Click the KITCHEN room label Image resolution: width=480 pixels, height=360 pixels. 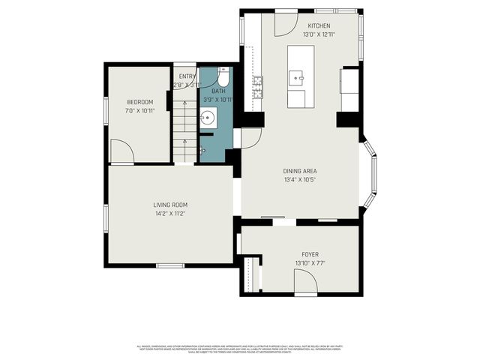click(x=318, y=25)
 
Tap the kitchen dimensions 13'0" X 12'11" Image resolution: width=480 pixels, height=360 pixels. click(x=318, y=34)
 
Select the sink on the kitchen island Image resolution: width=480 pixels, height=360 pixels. click(x=298, y=76)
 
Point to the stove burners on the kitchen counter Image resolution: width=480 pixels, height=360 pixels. click(x=258, y=87)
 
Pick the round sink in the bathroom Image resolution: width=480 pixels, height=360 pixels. click(x=208, y=118)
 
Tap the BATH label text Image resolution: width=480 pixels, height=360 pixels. click(x=218, y=91)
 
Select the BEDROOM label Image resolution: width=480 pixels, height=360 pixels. click(x=139, y=102)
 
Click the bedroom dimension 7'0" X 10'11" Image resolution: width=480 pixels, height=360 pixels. click(x=139, y=111)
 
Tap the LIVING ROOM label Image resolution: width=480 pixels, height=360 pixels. click(x=170, y=205)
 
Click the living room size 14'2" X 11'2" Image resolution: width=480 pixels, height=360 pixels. click(x=170, y=214)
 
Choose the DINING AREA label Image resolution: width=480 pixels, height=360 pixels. click(x=300, y=170)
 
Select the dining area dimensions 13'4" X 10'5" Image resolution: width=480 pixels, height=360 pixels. click(x=300, y=179)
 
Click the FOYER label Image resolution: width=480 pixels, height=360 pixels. click(x=310, y=254)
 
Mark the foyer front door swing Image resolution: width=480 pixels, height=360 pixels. click(x=305, y=282)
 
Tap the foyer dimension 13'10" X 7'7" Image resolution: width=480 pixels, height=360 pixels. click(x=310, y=263)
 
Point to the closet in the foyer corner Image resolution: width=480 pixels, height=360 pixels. click(x=250, y=274)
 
